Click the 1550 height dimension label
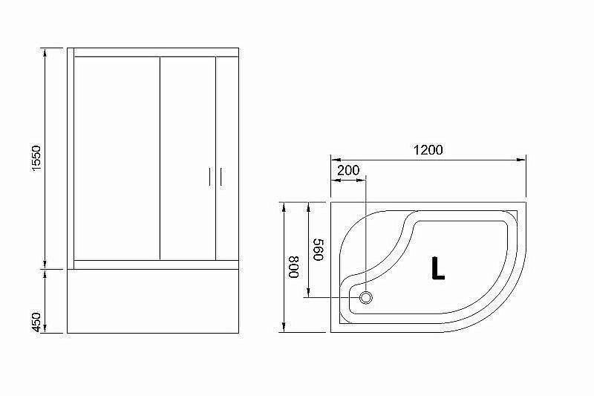(37, 159)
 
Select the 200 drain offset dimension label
(347, 170)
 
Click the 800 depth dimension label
(294, 267)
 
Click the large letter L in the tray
(437, 267)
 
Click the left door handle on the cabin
(209, 178)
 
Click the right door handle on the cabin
(221, 178)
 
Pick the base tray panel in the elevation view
(153, 301)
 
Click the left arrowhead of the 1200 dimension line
(333, 159)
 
